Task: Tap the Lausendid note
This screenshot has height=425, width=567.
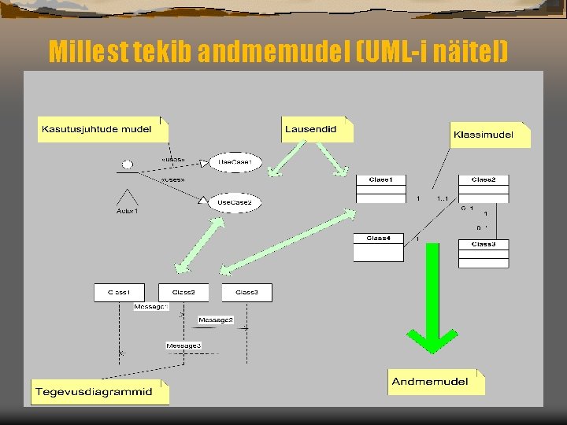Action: pyautogui.click(x=317, y=129)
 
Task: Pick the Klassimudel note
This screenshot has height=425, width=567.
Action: pyautogui.click(x=489, y=135)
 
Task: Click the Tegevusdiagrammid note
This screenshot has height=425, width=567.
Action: pyautogui.click(x=99, y=391)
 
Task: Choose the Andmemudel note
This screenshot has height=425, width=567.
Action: pyautogui.click(x=435, y=382)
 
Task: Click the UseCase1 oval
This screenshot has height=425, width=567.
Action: pyautogui.click(x=235, y=163)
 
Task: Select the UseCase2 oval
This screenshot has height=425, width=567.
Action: pyautogui.click(x=235, y=202)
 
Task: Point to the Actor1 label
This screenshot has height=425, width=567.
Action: pyautogui.click(x=127, y=211)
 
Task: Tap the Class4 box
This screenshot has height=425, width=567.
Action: pyautogui.click(x=378, y=247)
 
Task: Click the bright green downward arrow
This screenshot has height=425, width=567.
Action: pyautogui.click(x=432, y=299)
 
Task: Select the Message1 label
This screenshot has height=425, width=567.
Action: pyautogui.click(x=150, y=306)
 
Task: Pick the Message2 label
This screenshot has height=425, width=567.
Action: pyautogui.click(x=215, y=320)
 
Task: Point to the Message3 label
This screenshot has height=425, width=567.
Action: pyautogui.click(x=183, y=345)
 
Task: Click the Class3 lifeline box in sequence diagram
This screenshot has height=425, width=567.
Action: pyautogui.click(x=246, y=292)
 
